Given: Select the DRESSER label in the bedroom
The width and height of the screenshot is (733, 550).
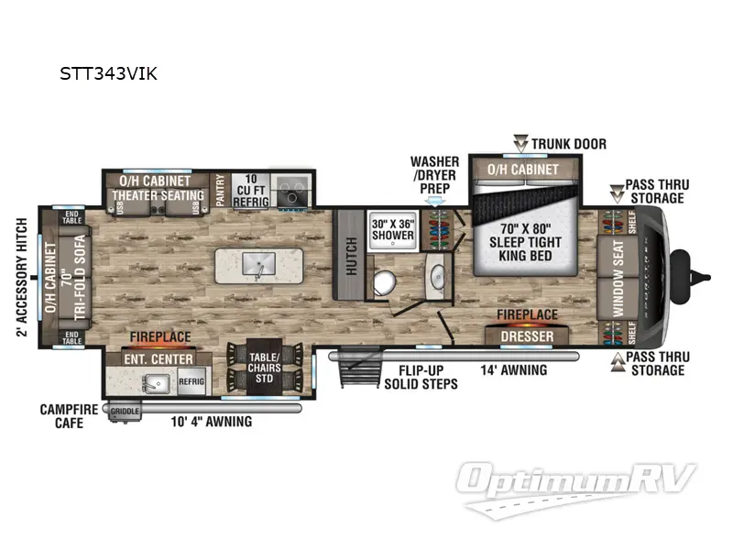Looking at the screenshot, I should click(x=527, y=336).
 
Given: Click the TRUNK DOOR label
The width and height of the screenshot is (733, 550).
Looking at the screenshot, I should click(x=569, y=144).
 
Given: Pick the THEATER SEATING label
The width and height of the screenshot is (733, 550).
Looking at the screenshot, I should click(x=159, y=195).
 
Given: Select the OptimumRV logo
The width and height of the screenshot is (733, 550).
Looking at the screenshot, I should click(x=577, y=484).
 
